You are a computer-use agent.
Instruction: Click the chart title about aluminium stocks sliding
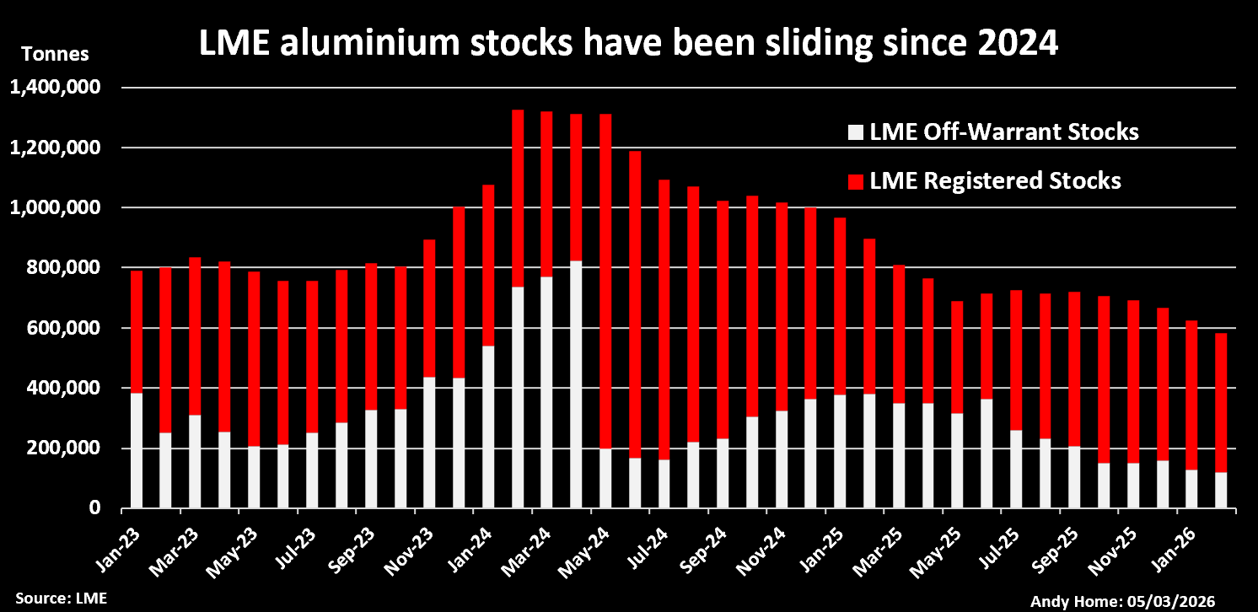point(627,44)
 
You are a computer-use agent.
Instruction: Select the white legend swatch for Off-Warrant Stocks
point(856,132)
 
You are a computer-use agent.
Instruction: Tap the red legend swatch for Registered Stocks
point(856,181)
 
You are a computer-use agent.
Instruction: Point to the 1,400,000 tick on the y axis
point(54,87)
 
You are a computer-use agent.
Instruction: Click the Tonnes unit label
point(55,55)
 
